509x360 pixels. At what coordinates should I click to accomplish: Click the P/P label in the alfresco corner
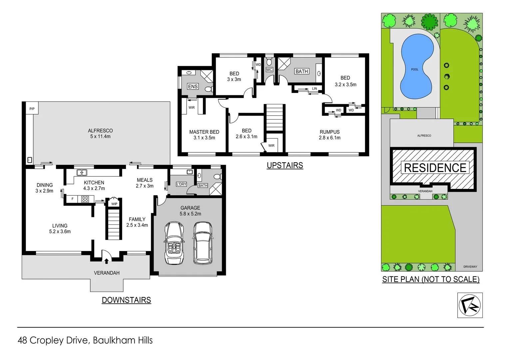click(x=32, y=109)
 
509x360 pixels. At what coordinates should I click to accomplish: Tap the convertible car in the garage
click(x=174, y=243)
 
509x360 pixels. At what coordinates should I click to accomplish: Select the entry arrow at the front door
click(x=107, y=261)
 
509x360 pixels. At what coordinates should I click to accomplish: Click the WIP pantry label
click(x=114, y=204)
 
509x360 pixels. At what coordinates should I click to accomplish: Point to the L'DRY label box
click(x=181, y=184)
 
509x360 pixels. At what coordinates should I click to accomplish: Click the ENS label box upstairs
click(x=193, y=86)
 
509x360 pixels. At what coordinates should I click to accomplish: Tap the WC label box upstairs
click(x=269, y=70)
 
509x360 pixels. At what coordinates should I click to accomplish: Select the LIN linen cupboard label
click(x=314, y=89)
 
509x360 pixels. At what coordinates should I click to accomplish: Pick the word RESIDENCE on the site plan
click(x=435, y=168)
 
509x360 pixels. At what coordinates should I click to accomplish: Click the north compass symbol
click(x=470, y=305)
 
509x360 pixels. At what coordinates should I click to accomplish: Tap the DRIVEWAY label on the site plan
click(x=470, y=267)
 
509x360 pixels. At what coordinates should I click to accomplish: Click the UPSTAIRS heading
click(x=285, y=165)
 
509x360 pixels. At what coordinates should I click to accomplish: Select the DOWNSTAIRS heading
click(x=126, y=300)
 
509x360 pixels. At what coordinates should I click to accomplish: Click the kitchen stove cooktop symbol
click(x=85, y=199)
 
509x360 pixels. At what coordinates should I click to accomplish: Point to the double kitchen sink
click(x=82, y=172)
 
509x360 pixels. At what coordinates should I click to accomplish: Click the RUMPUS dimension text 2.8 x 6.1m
click(x=329, y=138)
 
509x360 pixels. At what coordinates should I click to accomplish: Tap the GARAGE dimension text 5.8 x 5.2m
click(x=190, y=214)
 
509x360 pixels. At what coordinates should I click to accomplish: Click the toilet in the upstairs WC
click(x=269, y=62)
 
